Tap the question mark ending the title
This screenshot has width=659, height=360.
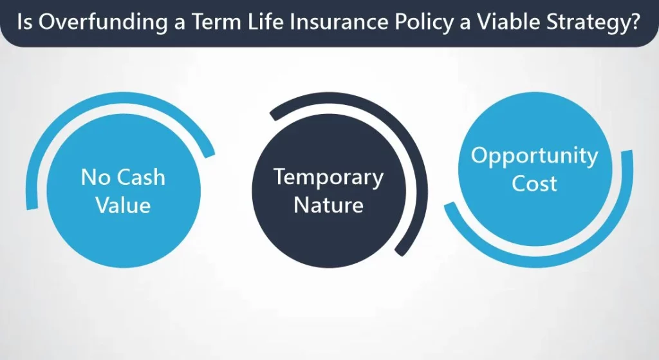coord(633,22)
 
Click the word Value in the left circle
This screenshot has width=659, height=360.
coord(123,205)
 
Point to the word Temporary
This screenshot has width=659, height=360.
coord(329,178)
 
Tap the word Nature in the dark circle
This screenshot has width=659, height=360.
coord(329,205)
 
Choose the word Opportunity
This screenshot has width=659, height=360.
coord(534,156)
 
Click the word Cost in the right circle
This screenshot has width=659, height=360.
coord(534,184)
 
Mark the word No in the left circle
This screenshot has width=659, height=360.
coord(95,177)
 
